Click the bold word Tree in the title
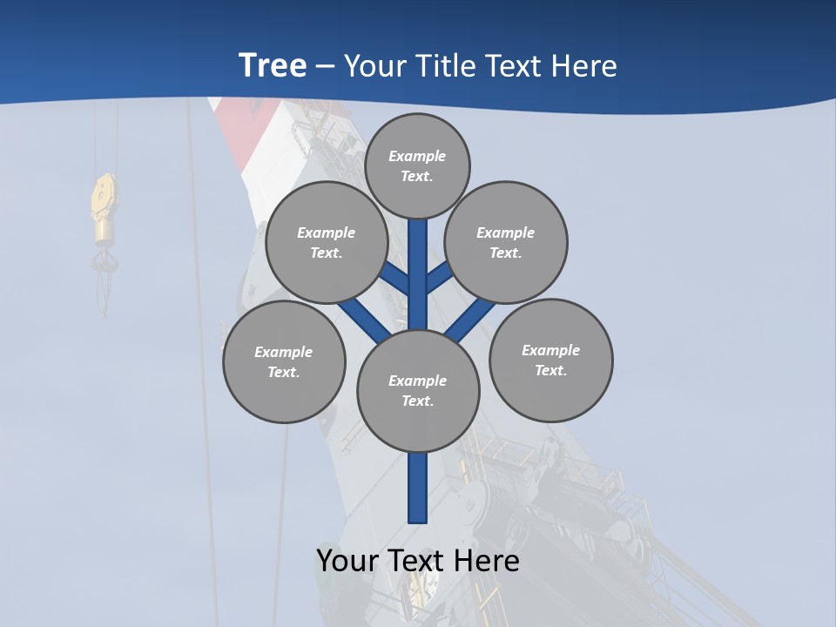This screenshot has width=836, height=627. [273, 65]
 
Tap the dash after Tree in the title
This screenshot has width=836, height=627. [326, 66]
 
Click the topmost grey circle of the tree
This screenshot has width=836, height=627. [417, 165]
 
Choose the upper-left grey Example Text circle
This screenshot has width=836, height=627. [327, 242]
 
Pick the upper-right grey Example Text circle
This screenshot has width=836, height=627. [506, 242]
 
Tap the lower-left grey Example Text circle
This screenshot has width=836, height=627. [284, 361]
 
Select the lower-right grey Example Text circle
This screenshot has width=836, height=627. [550, 360]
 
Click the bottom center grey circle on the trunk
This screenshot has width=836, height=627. [418, 391]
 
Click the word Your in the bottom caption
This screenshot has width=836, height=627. [349, 561]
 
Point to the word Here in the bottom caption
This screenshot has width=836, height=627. [489, 561]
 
